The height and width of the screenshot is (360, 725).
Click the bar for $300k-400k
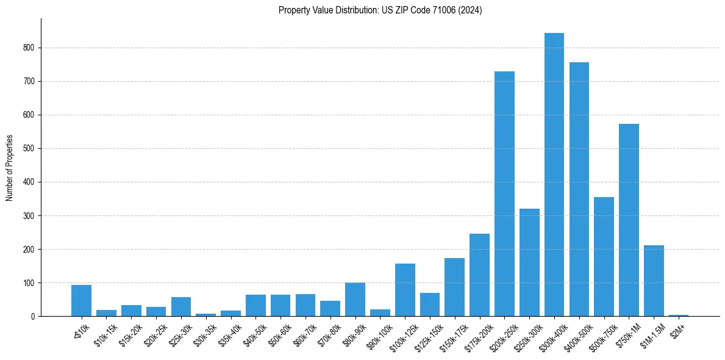(x=554, y=175)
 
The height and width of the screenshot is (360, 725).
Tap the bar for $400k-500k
(x=579, y=189)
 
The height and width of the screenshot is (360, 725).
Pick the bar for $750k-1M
(x=629, y=220)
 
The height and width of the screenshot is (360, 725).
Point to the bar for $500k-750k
(x=604, y=257)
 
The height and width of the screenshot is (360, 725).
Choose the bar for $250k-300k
(x=529, y=262)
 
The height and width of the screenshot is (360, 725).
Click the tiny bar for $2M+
(x=679, y=315)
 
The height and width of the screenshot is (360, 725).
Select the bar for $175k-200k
(x=479, y=275)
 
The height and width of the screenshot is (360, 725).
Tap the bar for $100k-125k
(x=405, y=290)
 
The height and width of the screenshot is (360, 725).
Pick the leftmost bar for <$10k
(x=81, y=301)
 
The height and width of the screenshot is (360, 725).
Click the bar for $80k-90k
(x=355, y=300)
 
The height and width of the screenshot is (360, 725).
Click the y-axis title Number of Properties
(x=9, y=168)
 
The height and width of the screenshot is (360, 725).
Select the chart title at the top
(x=380, y=10)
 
